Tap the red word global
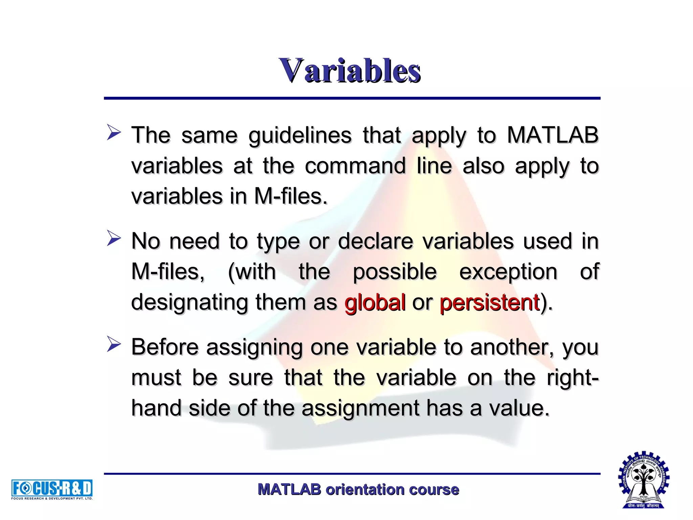point(375,302)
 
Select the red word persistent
point(489,302)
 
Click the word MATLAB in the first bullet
point(553,135)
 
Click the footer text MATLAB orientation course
point(358,490)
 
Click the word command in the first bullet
point(355,166)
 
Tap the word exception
point(508,272)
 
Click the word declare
point(376,241)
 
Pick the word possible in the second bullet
point(395,272)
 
